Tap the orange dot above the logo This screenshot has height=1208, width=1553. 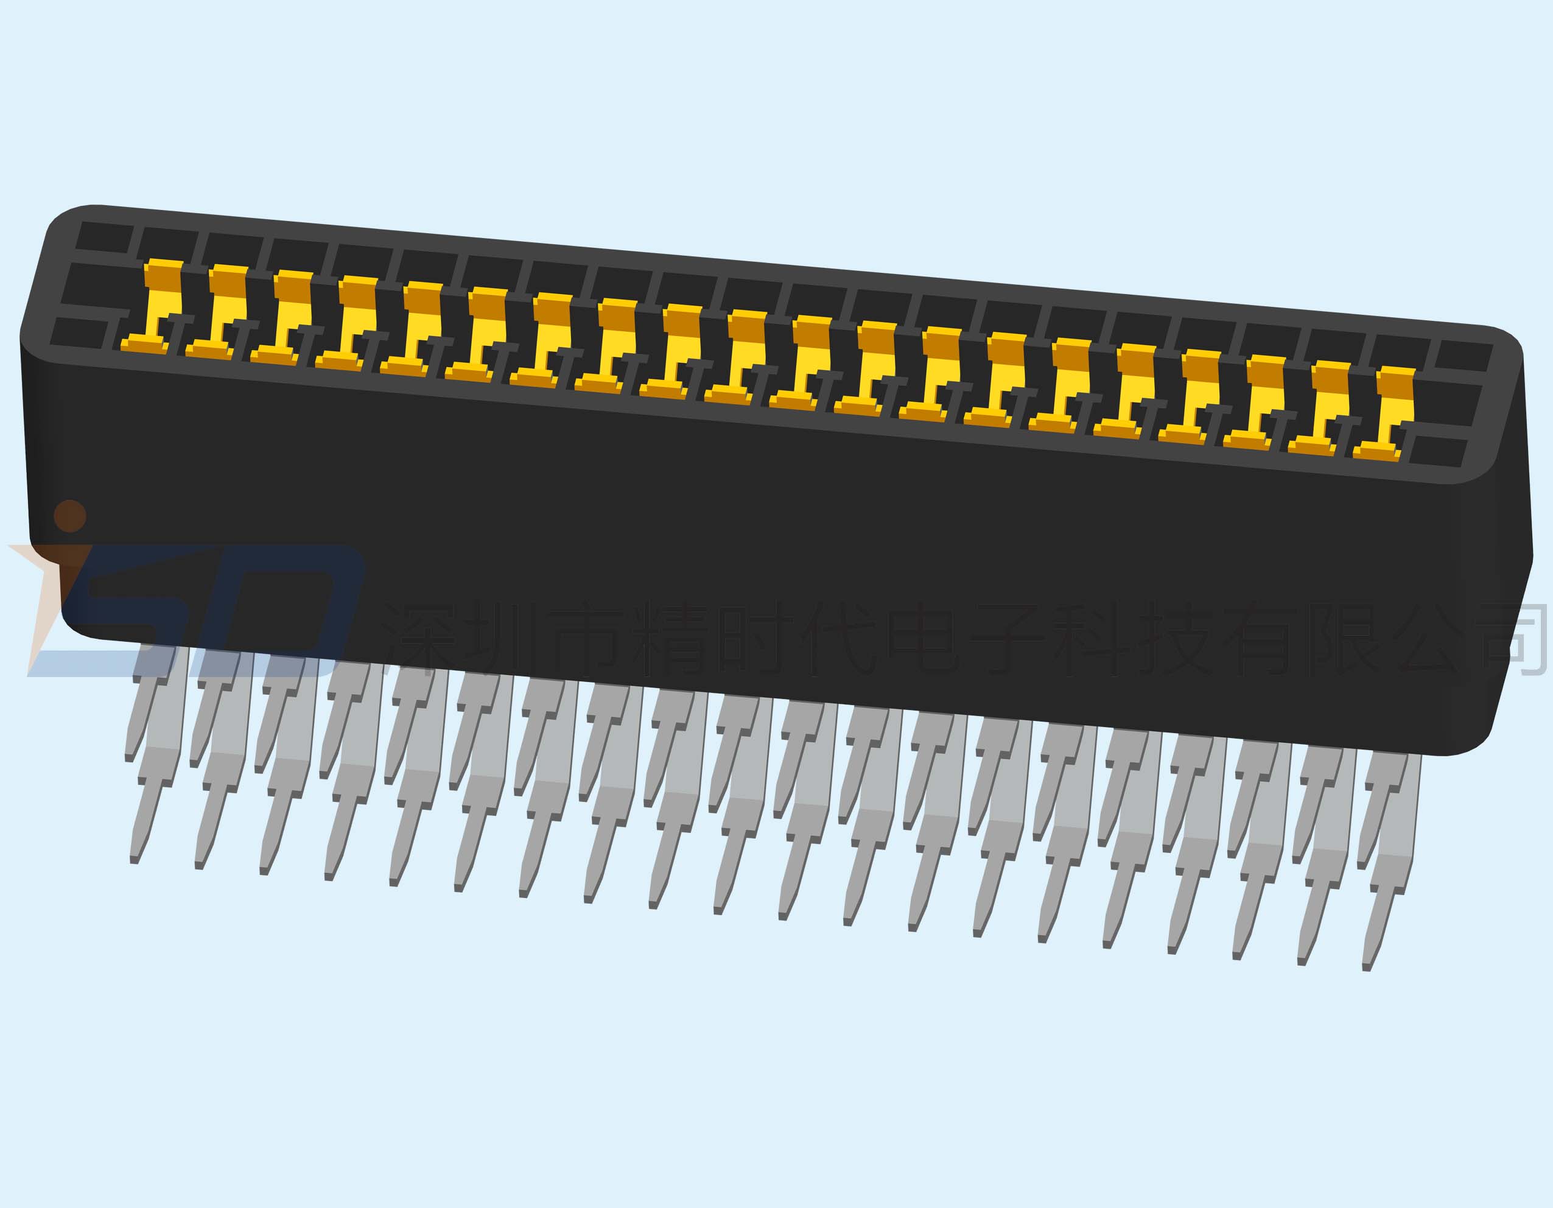[x=69, y=516]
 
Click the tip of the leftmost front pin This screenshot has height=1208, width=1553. [x=135, y=861]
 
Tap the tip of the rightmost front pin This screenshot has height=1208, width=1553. [x=1366, y=967]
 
